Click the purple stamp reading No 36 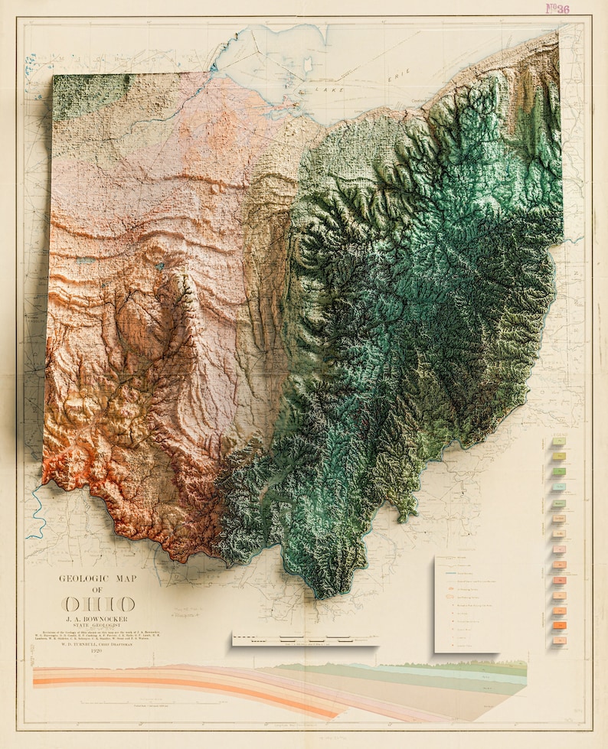(x=557, y=9)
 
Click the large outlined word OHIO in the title (x=99, y=604)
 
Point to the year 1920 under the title (x=98, y=651)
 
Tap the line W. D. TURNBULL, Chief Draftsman (x=98, y=643)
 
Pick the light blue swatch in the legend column (x=558, y=487)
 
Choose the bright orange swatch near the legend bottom (x=558, y=627)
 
